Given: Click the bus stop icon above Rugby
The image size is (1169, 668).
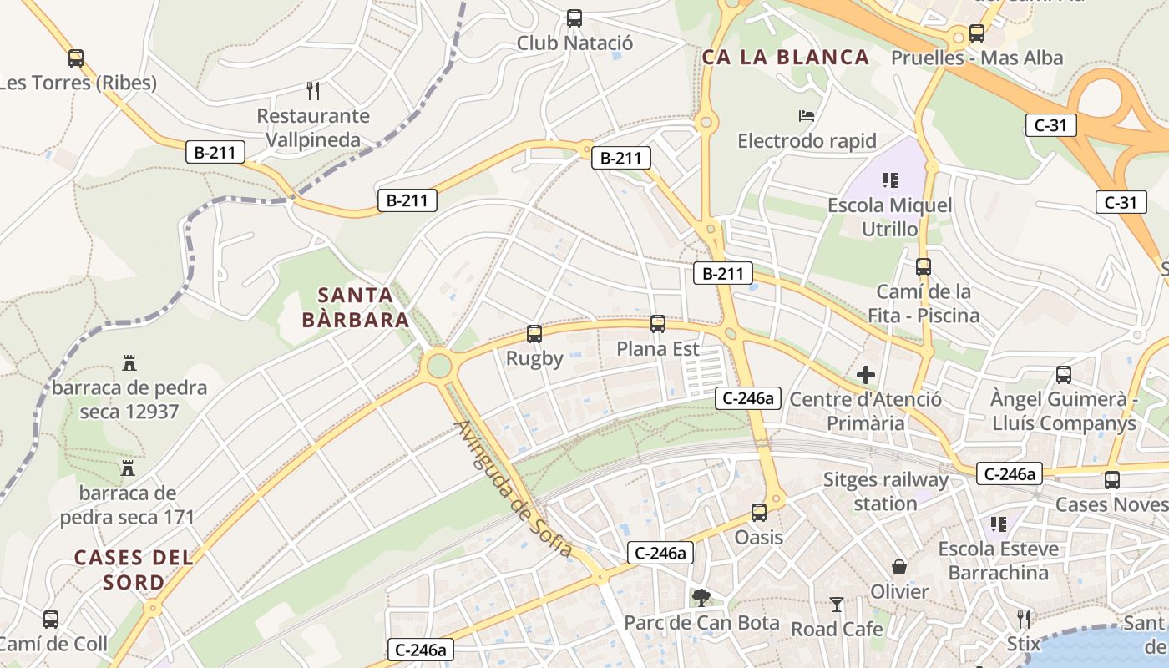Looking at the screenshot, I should point(534,334).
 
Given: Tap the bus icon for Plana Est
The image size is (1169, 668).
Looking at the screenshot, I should point(658,324).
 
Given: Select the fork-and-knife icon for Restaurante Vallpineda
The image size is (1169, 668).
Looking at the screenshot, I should point(313,90).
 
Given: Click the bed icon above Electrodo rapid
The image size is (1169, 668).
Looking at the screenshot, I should point(807,115).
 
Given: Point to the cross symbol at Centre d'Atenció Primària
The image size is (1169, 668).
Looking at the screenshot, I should point(866,375).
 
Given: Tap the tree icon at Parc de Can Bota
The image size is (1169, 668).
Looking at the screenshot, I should point(701,597).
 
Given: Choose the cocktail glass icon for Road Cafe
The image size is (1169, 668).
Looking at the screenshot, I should point(837,604).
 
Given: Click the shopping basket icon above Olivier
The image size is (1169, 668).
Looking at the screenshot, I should point(899,567).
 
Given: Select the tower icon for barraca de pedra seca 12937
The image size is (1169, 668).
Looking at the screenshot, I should point(129,363).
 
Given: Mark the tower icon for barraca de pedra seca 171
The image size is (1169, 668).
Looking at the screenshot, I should point(128,468).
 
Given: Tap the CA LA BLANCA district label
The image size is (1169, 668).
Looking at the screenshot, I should point(786,58).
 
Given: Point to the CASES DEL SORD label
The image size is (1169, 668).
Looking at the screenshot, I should point(134,569).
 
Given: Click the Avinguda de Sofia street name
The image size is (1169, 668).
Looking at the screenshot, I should point(513,488).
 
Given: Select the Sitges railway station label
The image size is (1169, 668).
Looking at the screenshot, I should point(886,492).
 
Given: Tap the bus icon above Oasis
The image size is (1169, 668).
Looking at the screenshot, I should point(759,513).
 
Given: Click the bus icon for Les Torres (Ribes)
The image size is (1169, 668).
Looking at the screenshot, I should point(76,58).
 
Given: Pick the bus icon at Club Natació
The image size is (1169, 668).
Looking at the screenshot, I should point(574,18).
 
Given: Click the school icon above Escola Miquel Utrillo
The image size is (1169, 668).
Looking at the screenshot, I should point(889,180).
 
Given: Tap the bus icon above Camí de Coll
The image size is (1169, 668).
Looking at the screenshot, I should point(51,620).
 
